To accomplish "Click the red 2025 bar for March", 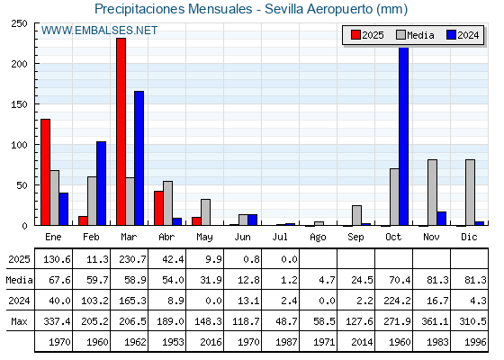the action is (121, 131).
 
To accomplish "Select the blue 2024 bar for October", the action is (403, 136).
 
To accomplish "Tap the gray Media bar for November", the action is (432, 193).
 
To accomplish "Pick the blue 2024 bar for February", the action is (101, 184).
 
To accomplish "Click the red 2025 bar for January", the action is (45, 172).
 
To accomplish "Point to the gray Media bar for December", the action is (470, 193).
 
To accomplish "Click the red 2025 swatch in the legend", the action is (355, 35).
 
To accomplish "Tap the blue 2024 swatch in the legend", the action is (451, 35).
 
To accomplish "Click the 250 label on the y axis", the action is (19, 23).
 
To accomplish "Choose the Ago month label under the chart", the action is (318, 238).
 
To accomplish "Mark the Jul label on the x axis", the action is (280, 237).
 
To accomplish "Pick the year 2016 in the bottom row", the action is (211, 342).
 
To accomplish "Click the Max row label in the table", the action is (19, 321).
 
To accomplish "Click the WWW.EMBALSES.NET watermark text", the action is (99, 31).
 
